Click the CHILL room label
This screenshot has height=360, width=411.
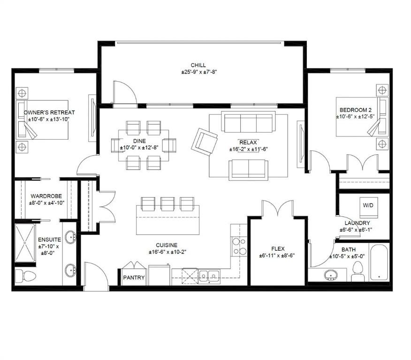[198, 65]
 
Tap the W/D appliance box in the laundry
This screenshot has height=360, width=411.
[368, 207]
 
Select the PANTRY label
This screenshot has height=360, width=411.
[134, 277]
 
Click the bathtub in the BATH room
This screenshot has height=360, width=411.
[378, 262]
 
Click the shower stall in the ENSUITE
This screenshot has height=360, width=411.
[25, 243]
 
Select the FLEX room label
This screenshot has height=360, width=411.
[278, 249]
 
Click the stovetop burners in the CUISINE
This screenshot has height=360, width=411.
[239, 247]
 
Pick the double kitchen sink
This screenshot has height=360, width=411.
[209, 276]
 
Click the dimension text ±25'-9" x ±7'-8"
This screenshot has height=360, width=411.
[199, 72]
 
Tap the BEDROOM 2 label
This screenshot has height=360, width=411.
[356, 110]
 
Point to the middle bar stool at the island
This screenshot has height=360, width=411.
[167, 204]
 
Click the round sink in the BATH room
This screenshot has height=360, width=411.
[331, 275]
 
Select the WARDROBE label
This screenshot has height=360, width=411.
[46, 196]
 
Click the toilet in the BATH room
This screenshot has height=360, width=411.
[358, 272]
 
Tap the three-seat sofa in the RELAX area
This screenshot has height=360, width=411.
[248, 122]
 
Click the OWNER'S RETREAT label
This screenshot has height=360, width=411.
[49, 112]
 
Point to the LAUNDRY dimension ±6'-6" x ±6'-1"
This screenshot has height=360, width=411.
[356, 230]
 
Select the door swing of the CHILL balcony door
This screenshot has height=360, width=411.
[125, 92]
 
